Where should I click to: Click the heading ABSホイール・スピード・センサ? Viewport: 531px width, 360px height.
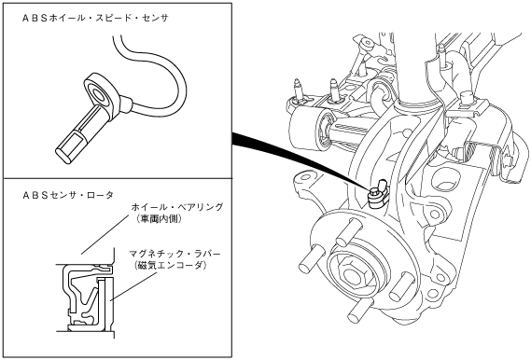95,19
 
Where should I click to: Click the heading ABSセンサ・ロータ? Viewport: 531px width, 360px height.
68,195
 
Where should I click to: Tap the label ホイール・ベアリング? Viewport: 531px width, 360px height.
177,207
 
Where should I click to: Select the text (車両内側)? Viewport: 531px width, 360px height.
158,219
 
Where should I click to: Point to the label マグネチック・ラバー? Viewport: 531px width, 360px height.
175,254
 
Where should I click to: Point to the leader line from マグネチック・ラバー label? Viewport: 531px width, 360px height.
134,284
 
